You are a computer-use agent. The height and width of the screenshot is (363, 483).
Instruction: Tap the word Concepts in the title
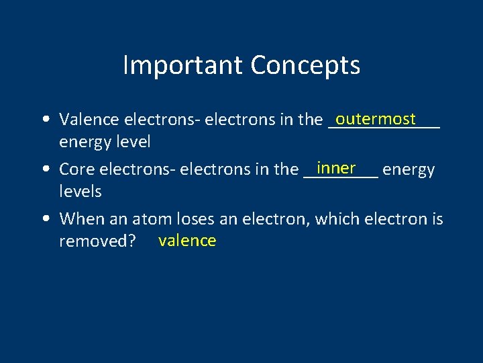(x=305, y=66)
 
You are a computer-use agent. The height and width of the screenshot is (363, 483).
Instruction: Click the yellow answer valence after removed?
(x=187, y=241)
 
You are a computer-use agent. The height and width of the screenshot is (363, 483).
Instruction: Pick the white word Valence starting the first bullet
(x=87, y=120)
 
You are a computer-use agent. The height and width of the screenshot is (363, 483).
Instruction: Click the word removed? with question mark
(x=98, y=241)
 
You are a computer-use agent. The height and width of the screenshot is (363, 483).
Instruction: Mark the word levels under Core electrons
(x=80, y=192)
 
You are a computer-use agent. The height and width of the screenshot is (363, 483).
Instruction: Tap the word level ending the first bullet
(x=133, y=142)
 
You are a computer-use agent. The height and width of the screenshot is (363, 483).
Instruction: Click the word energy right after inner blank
(x=409, y=170)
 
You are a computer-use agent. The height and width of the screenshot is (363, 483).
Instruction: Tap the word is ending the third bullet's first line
(x=437, y=219)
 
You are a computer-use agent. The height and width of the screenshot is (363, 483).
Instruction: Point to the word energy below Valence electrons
(x=85, y=143)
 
